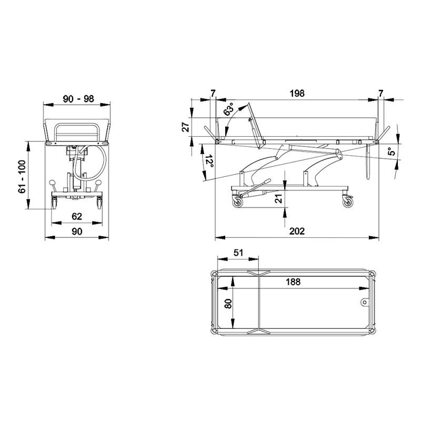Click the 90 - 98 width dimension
click(78, 99)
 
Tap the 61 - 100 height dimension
click(22, 176)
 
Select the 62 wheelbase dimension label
click(77, 216)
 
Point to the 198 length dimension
click(297, 93)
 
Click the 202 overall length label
click(297, 231)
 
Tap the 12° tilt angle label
click(209, 161)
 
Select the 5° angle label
click(392, 152)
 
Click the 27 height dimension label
click(186, 127)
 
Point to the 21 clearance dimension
click(279, 199)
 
